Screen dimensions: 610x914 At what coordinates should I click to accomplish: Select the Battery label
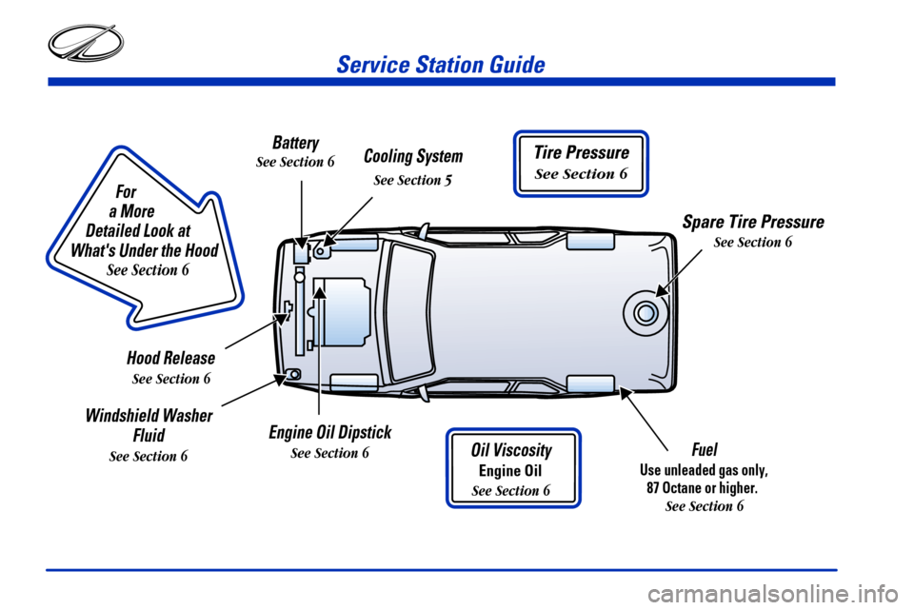(295, 143)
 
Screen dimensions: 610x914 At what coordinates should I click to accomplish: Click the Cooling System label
(413, 156)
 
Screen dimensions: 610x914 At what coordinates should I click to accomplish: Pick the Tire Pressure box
(581, 163)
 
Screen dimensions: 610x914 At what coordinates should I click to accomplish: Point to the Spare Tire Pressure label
(752, 222)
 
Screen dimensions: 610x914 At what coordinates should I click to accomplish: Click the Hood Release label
(170, 358)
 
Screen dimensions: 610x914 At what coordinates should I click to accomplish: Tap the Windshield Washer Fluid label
(149, 425)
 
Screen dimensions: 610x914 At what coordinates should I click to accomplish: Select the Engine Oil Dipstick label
(329, 433)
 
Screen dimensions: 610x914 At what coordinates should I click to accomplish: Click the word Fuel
(705, 448)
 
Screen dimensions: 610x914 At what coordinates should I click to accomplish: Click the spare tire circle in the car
(645, 312)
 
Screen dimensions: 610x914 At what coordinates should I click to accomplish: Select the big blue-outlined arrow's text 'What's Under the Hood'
(145, 250)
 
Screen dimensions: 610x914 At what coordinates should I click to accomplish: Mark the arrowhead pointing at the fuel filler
(626, 393)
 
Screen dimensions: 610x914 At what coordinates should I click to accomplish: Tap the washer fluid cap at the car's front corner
(294, 374)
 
